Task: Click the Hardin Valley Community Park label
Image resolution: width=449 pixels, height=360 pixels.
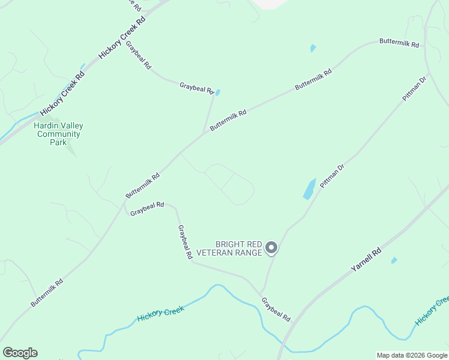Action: click(x=58, y=134)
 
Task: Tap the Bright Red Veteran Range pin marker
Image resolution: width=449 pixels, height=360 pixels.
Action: click(x=271, y=247)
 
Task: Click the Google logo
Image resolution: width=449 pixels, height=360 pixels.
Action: click(x=20, y=352)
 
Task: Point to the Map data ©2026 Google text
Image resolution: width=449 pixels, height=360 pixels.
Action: click(x=411, y=355)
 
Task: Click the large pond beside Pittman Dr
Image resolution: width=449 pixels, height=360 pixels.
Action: click(x=309, y=188)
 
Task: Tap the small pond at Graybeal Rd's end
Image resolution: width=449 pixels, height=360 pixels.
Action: click(x=217, y=93)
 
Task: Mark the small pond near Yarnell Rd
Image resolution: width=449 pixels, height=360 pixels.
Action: click(x=394, y=260)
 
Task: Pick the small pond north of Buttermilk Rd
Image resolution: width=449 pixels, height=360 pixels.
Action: click(x=313, y=48)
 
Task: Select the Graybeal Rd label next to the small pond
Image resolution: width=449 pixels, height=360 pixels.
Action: click(x=196, y=88)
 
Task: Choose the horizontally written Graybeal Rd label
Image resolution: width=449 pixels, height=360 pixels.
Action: click(x=147, y=209)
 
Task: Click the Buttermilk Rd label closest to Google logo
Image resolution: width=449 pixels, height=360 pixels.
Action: click(x=47, y=292)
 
